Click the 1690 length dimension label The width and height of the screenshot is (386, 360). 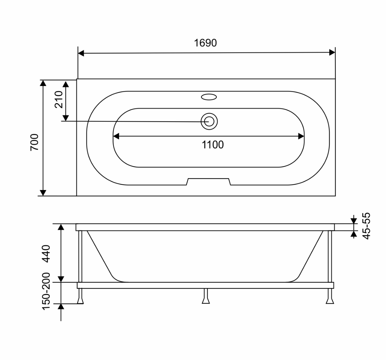pos(205,43)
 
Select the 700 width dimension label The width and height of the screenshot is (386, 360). pos(34,142)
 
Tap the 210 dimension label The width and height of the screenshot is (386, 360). pos(59,100)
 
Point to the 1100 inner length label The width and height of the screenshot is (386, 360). pos(213,145)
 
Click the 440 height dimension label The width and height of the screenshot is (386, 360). pos(46,254)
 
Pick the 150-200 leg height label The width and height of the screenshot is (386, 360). pos(46,291)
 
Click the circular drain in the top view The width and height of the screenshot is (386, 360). pos(209,121)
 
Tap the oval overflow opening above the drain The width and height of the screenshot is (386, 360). pos(209,97)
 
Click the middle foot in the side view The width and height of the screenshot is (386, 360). pos(206,296)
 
